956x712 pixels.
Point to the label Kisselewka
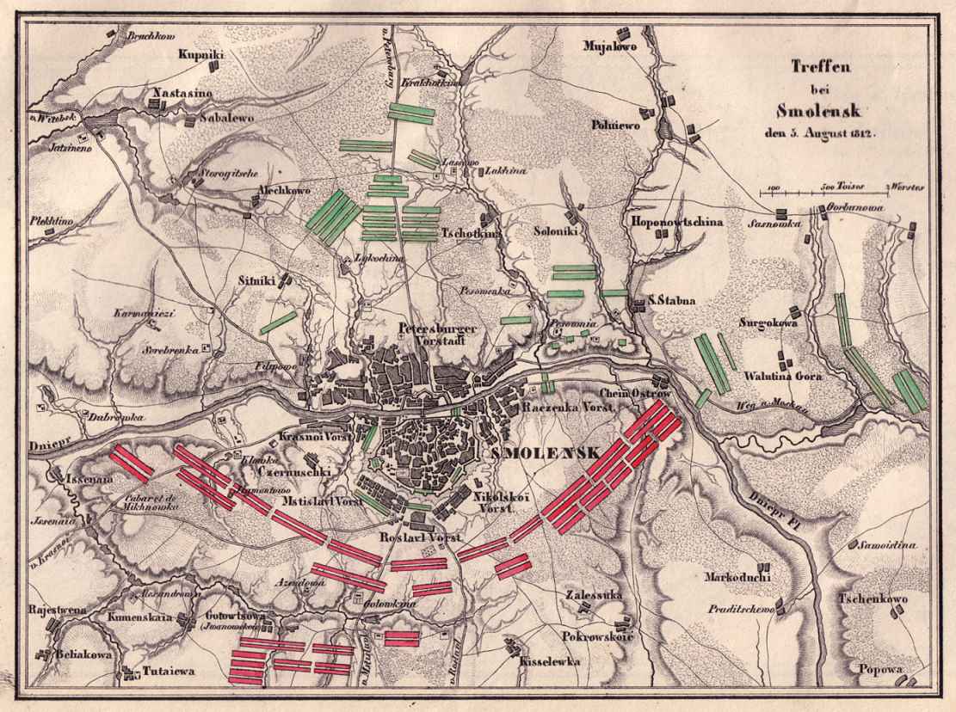(x=549, y=661)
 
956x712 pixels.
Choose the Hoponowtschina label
(x=675, y=222)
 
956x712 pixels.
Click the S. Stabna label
(x=671, y=301)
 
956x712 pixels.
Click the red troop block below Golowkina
(x=401, y=638)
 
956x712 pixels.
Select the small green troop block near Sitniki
(x=278, y=322)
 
